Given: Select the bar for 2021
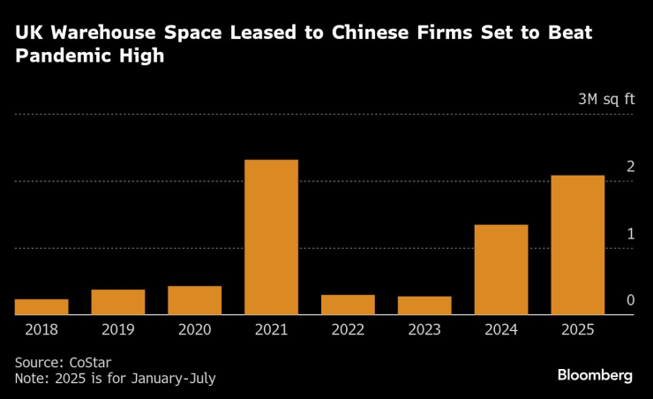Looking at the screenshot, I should pos(271,237).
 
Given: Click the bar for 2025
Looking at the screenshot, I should pos(577,245).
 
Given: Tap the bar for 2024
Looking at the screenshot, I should pos(500,269).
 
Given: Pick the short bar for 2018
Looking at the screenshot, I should pos(41,306).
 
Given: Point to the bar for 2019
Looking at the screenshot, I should pos(118,302).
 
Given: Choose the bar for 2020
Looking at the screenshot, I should pos(194,300).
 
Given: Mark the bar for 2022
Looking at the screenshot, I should pos(348,305).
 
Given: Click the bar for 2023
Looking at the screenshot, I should pos(424,305).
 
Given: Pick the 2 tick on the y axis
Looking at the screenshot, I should pos(630,167).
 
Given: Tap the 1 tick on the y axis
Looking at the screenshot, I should pos(630,234).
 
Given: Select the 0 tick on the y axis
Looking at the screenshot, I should pos(630,301).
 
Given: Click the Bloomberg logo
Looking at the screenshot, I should pos(595,375).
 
